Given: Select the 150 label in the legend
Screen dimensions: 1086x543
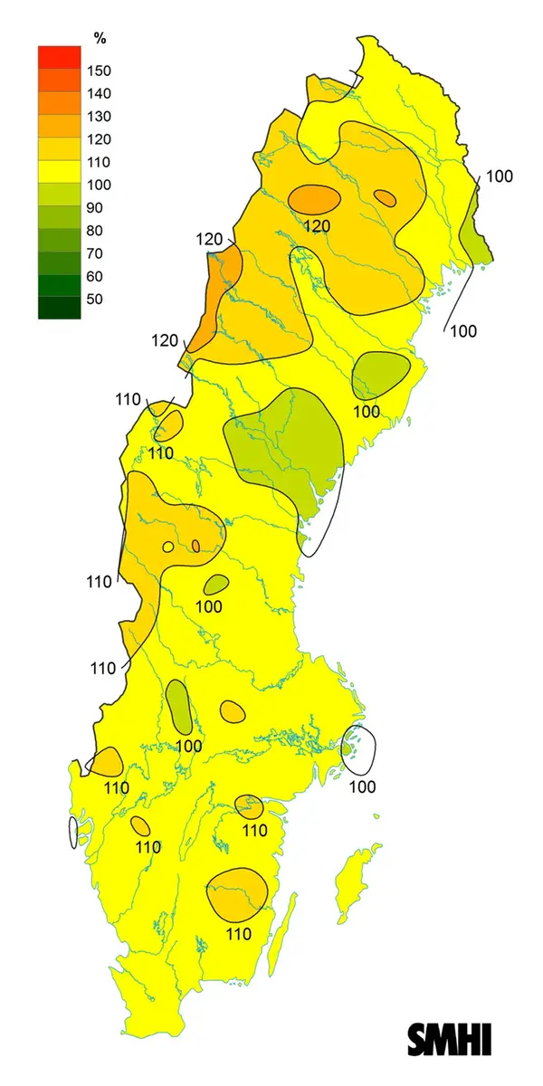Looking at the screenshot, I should pos(99,71).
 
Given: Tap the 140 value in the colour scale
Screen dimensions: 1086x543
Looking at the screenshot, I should pos(99,93).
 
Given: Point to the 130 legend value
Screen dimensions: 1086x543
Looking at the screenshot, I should pos(99,116).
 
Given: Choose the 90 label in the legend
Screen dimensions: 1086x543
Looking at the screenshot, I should pos(95,207).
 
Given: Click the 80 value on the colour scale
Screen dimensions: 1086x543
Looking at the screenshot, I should pos(95,230).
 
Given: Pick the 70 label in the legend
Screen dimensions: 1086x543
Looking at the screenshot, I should pos(95,253).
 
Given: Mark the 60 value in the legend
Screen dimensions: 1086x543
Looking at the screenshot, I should pos(95,276).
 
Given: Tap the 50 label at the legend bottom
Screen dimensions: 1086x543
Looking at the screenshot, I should pos(95,299).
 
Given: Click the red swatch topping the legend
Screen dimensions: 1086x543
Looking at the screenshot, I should pos(59,56).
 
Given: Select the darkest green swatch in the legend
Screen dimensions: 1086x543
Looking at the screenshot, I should pos(59,308).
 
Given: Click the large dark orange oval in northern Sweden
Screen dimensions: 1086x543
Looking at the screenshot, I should pos(314,198).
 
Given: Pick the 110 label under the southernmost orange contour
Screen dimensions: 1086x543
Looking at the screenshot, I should pos(238,934).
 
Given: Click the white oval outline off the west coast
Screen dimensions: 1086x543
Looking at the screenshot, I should pos(73,833).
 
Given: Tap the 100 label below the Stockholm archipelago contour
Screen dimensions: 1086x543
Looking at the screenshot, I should pos(362,787).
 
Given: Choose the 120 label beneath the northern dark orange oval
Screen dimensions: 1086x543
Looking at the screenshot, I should pos(317,225).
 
